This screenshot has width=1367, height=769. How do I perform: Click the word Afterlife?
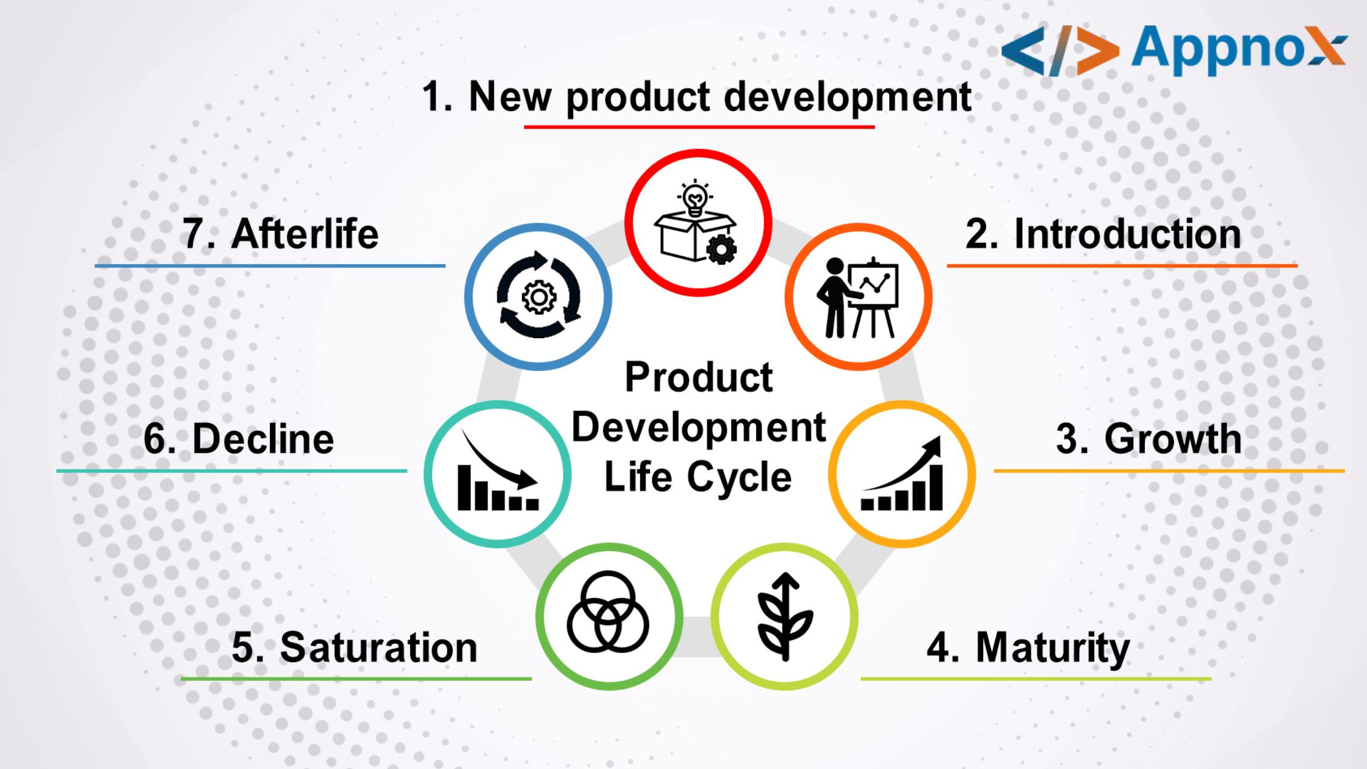point(305,234)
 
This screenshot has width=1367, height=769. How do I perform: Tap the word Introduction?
point(1127,234)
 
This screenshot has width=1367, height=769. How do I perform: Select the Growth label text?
point(1172,439)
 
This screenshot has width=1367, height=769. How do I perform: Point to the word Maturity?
point(1053,648)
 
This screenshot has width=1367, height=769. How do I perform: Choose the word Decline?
point(263,439)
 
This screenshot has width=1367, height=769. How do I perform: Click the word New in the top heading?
point(510,96)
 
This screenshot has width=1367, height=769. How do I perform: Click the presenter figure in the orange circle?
point(837,298)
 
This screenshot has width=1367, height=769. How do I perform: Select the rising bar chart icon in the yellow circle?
point(902,474)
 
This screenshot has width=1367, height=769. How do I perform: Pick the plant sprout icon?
point(785,616)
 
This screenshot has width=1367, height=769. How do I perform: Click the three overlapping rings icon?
point(608,612)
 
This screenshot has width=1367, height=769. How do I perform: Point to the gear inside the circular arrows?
point(539,297)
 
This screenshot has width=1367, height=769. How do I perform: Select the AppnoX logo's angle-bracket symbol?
point(1061,51)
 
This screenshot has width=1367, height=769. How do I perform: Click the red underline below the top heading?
point(699,127)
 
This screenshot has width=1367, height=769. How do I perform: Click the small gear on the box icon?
point(721,249)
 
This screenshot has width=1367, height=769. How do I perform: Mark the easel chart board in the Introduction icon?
point(874,286)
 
